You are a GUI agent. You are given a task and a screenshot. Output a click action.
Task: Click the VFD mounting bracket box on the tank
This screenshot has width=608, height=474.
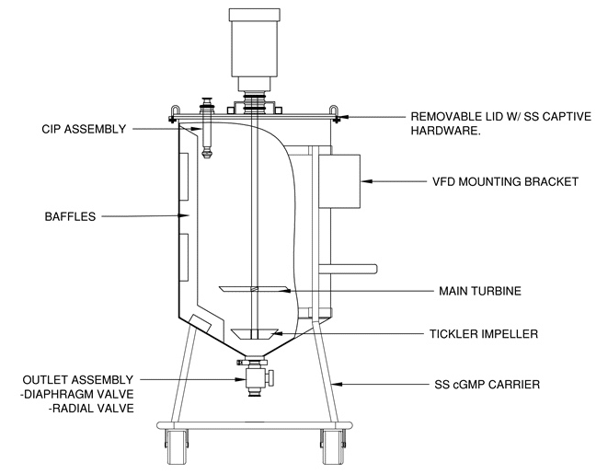click(x=340, y=180)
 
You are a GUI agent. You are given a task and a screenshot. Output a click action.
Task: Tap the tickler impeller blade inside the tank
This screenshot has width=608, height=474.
click(x=252, y=333)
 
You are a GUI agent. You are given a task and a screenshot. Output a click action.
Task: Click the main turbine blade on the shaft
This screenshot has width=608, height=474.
click(x=253, y=291)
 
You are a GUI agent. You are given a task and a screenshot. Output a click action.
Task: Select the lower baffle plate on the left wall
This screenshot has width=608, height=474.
click(x=187, y=258)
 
